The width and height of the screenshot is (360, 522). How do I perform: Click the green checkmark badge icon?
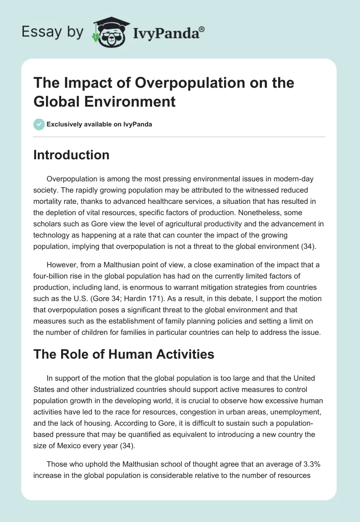(x=39, y=124)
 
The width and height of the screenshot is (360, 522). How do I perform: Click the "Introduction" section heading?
(x=72, y=155)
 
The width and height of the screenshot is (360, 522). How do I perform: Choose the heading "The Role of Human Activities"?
(x=124, y=354)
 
